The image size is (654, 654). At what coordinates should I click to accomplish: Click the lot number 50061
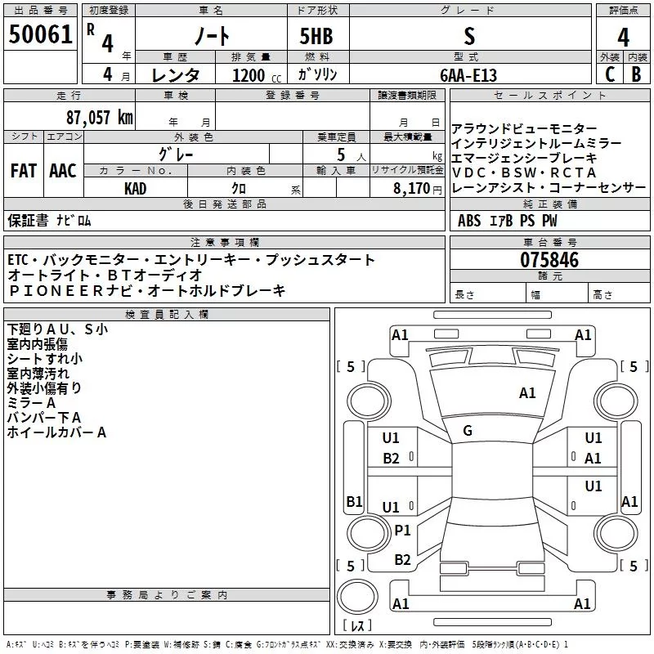(40, 34)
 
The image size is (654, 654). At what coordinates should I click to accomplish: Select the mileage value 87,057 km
(100, 118)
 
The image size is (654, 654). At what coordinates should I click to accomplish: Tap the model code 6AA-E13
(468, 75)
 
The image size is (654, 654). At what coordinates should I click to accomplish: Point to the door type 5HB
(316, 36)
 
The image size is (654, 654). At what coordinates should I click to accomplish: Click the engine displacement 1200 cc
(257, 75)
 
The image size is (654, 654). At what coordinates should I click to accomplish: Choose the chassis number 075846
(549, 260)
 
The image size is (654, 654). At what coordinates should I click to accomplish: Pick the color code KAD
(135, 189)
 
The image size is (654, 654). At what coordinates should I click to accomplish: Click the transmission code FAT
(24, 171)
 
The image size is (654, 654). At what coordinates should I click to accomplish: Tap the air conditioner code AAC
(63, 171)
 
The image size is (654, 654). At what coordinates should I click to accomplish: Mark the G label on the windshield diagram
(468, 431)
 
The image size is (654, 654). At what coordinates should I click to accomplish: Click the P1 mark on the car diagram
(402, 530)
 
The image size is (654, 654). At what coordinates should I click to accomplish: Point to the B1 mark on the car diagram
(354, 501)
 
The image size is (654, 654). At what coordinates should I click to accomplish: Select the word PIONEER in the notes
(56, 291)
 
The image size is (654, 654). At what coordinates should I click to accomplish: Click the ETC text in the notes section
(18, 260)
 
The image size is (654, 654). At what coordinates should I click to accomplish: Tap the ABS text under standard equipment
(469, 221)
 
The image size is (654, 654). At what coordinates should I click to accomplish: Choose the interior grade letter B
(636, 74)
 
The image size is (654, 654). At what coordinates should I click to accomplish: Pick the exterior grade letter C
(610, 74)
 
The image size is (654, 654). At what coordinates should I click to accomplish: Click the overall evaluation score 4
(623, 38)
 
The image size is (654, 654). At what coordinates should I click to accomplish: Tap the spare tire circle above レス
(357, 596)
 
